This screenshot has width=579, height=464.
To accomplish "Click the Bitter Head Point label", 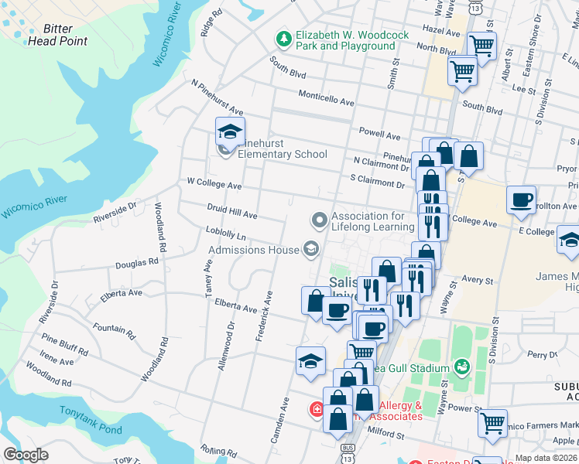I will point(59,35).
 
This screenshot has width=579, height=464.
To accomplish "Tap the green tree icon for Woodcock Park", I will point(284,38).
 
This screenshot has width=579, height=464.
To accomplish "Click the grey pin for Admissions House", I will point(310,248).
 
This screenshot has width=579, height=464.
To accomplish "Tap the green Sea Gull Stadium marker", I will point(463,366).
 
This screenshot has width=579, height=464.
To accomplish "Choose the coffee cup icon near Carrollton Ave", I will point(522,200).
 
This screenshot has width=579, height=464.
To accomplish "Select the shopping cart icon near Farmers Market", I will point(492,423).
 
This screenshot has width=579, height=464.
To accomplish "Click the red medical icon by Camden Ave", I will point(317,409).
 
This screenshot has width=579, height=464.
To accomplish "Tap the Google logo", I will point(26,455).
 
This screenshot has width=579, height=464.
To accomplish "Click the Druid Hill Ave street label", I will point(231,210).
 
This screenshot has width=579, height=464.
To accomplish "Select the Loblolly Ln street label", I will point(226,233).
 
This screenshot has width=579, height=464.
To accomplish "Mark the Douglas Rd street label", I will point(137,263).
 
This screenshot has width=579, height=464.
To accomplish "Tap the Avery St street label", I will point(477,280).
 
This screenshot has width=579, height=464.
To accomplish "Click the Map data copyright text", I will point(546,458).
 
